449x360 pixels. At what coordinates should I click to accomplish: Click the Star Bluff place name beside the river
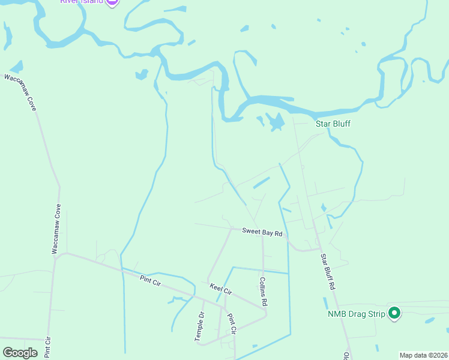pos(333,124)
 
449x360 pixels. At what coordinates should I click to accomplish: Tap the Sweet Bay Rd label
pos(262,232)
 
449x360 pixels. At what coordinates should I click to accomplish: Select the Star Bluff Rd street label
pos(327,272)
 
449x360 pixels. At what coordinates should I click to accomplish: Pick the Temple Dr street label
pos(199,326)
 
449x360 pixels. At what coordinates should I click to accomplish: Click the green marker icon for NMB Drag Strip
pos(394,313)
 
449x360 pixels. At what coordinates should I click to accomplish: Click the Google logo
pos(20,352)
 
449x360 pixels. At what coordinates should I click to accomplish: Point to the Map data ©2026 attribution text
pos(423,355)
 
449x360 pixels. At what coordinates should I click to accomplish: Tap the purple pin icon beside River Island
pos(112,2)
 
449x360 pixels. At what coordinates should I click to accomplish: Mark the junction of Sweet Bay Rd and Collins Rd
pos(262,235)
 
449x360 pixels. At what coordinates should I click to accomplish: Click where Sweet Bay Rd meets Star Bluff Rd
pos(318,248)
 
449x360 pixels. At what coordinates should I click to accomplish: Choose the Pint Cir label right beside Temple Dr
pos(233,322)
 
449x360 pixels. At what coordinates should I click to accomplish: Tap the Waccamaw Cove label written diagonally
pos(20,92)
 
